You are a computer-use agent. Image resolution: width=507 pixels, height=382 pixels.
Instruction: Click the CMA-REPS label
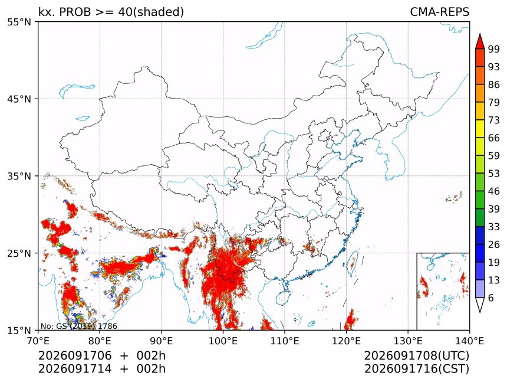pos(439,12)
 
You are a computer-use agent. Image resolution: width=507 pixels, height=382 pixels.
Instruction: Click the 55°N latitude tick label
pos(19,22)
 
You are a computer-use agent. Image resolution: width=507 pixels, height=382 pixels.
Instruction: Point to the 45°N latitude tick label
pos(19,99)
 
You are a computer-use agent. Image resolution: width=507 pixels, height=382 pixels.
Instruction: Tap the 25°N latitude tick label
pos(19,253)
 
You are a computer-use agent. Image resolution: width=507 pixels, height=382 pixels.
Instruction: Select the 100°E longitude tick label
pos(223,341)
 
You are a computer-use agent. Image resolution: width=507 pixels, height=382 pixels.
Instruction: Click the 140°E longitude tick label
pos(469,341)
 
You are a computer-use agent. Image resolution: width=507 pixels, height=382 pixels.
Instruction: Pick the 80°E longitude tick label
pos(99,341)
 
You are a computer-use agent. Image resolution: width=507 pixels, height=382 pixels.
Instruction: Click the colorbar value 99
pos(494,49)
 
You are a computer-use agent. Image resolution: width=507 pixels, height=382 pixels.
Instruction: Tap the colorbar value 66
pos(494,138)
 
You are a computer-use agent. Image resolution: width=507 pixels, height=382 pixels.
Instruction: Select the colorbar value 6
pos(491,298)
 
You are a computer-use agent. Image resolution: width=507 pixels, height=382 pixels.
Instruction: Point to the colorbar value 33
pos(494,227)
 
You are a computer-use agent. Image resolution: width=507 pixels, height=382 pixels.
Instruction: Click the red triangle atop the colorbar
pos(480,41)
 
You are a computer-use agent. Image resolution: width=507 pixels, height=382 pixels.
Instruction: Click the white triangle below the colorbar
pos(480,305)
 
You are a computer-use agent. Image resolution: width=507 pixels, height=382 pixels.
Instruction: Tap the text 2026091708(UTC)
pos(416,356)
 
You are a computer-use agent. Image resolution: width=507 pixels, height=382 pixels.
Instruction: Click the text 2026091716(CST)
pos(416,369)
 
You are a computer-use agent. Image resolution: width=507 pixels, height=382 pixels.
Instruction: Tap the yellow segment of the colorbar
pos(480,129)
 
